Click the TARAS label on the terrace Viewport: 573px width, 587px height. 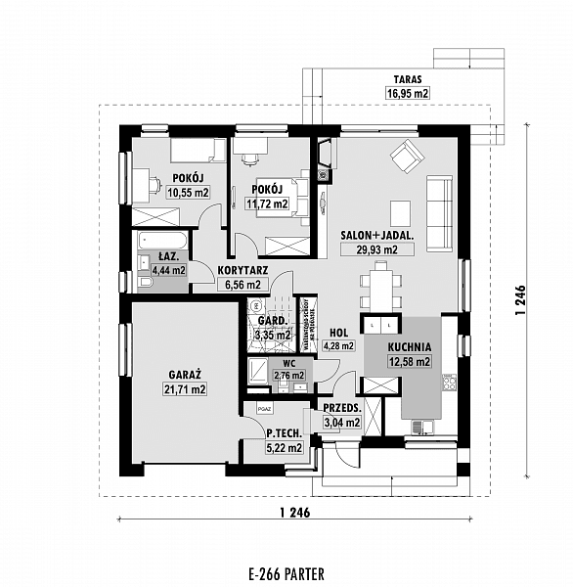click(409, 79)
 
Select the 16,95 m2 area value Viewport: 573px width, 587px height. click(409, 94)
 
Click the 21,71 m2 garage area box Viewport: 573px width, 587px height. click(185, 389)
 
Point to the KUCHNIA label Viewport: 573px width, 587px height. click(410, 347)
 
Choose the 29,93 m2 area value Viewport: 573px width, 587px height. click(370, 249)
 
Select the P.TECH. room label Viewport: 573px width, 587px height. click(283, 432)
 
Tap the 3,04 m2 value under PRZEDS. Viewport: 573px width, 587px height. click(342, 423)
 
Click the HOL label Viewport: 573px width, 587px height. click(339, 332)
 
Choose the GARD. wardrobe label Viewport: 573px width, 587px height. click(272, 321)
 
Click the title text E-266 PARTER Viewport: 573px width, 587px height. click(286, 574)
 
